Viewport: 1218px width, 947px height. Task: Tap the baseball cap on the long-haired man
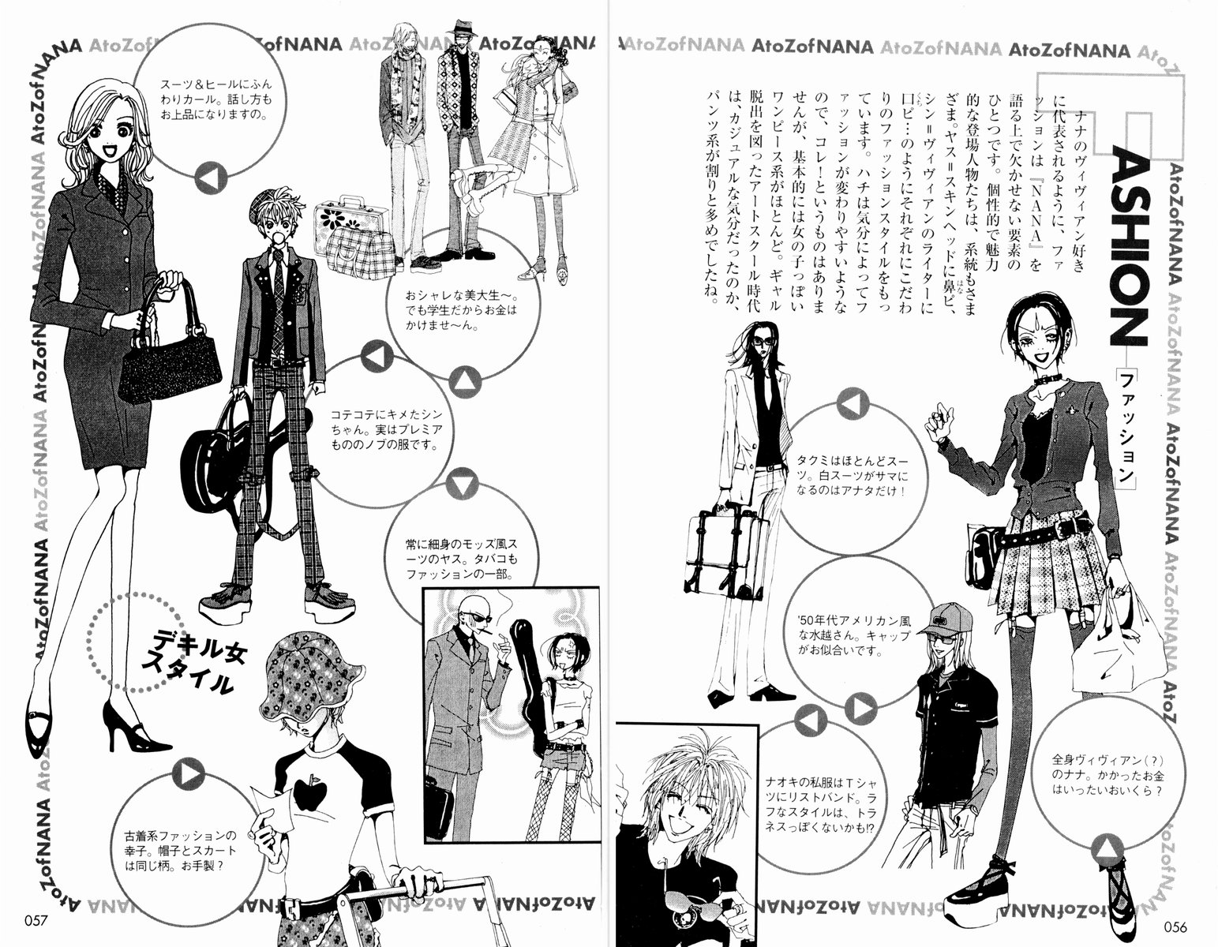(x=945, y=620)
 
